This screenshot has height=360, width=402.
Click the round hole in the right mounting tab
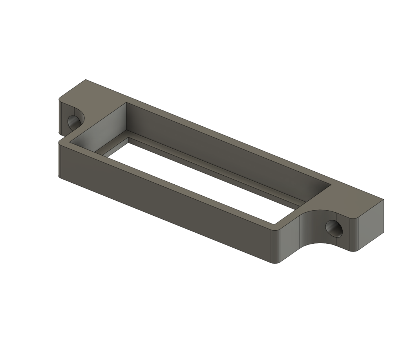[x=333, y=228]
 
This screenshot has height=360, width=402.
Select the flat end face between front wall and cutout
[x=291, y=240]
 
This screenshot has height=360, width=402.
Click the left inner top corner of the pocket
[x=126, y=103]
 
